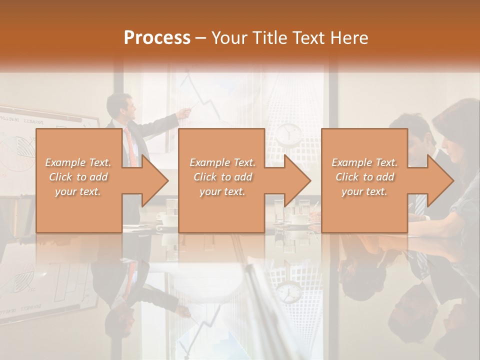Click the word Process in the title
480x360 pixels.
pyautogui.click(x=157, y=37)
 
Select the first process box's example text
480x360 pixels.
pyautogui.click(x=78, y=177)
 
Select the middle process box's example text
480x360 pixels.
pyautogui.click(x=222, y=177)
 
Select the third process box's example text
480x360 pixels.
pyautogui.click(x=364, y=177)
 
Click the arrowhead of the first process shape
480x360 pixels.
pyautogui.click(x=152, y=180)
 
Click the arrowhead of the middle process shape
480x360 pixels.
pyautogui.click(x=296, y=180)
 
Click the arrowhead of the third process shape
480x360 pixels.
pyautogui.click(x=439, y=180)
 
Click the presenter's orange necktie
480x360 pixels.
pyautogui.click(x=131, y=145)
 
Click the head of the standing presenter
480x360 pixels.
pyautogui.click(x=120, y=106)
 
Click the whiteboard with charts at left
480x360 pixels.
pyautogui.click(x=20, y=150)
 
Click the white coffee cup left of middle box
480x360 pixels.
pyautogui.click(x=168, y=218)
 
